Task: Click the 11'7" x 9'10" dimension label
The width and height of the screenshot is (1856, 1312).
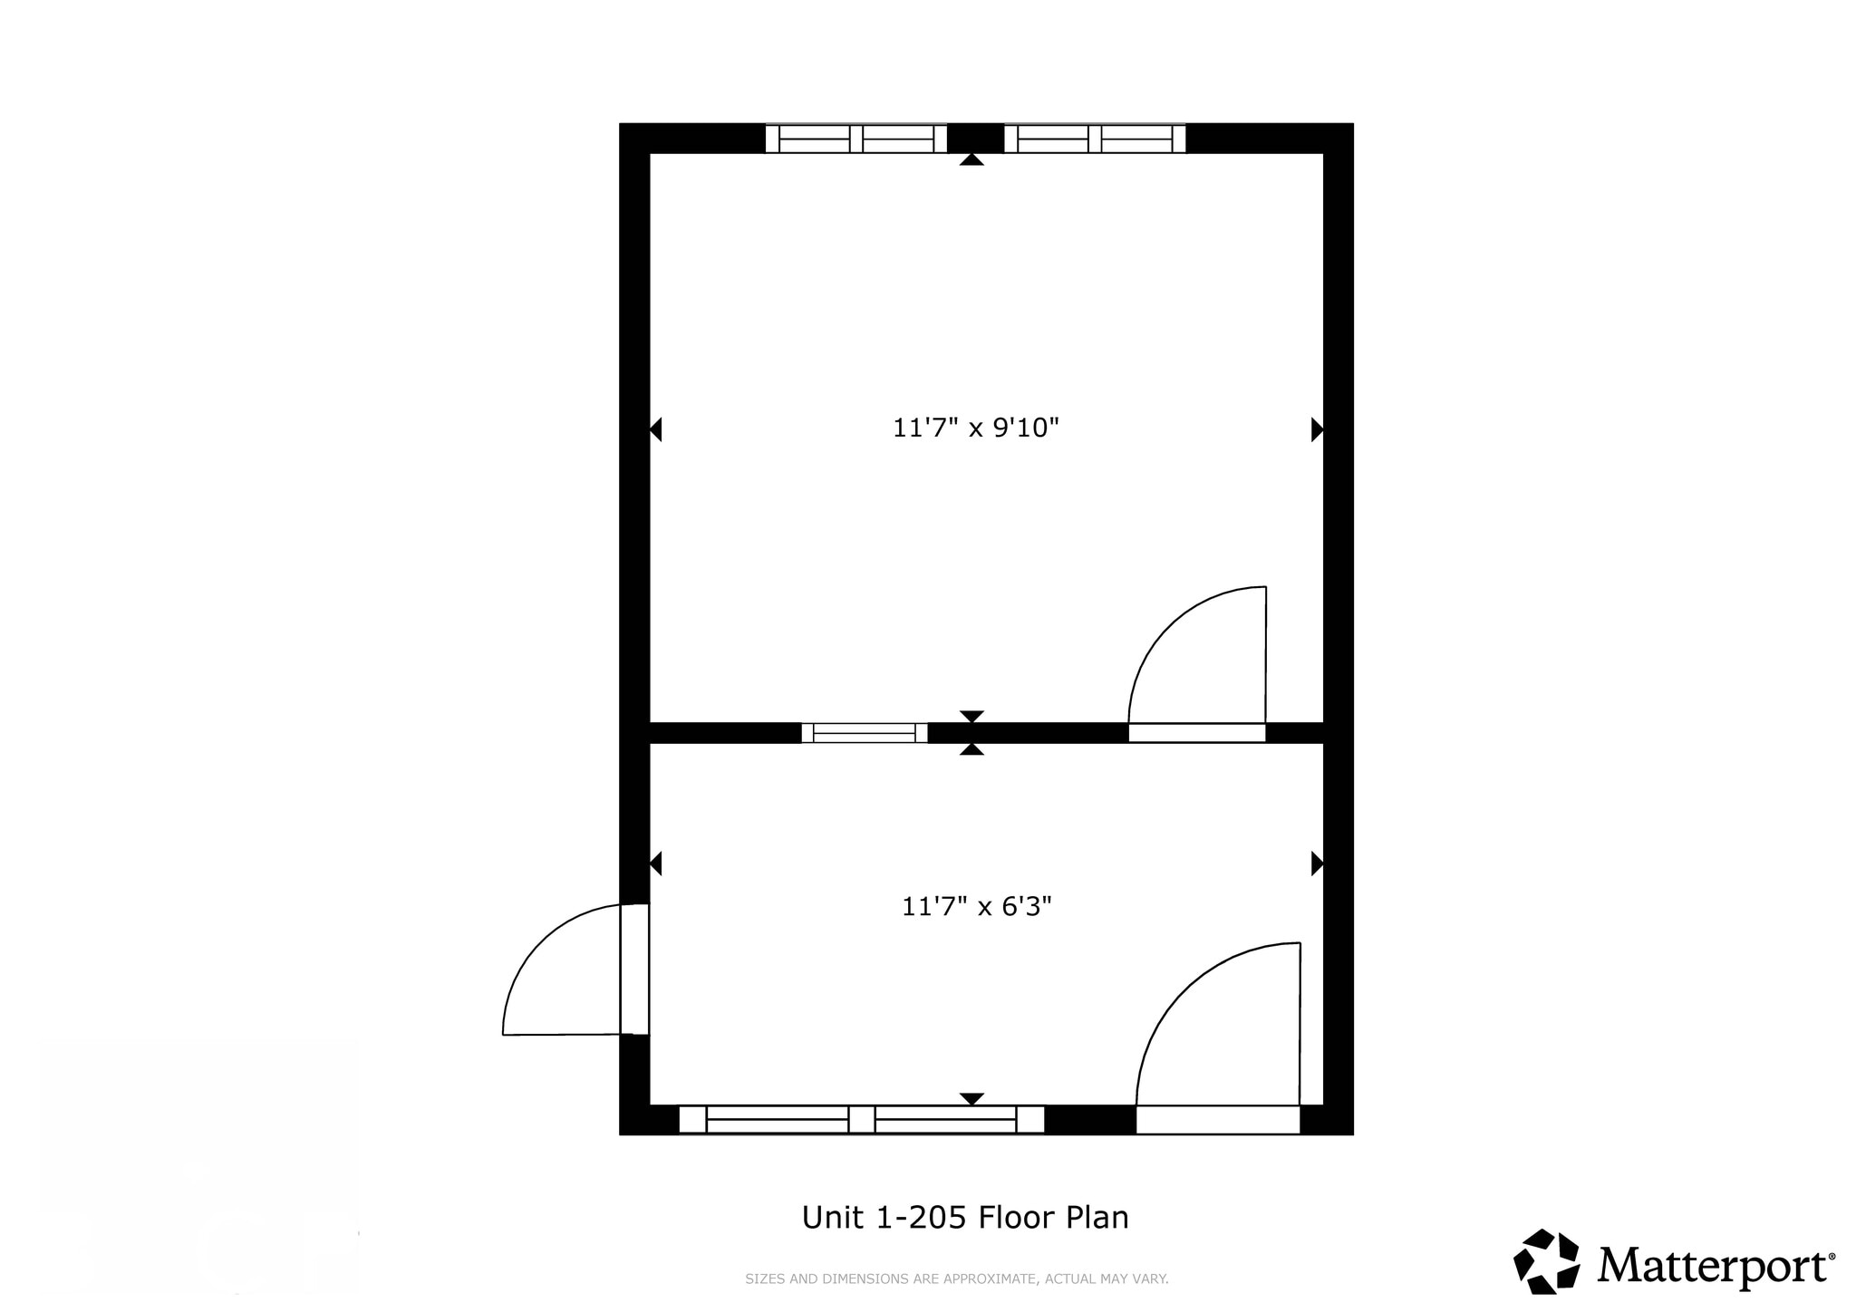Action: point(975,427)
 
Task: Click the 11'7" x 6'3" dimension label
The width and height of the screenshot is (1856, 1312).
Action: point(975,906)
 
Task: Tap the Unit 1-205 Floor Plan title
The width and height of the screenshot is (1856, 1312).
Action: point(965,1217)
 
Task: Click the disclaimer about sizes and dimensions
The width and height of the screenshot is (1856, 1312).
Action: point(956,1279)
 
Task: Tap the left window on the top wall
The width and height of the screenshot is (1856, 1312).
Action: point(855,139)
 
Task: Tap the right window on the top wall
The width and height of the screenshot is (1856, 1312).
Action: point(1095,139)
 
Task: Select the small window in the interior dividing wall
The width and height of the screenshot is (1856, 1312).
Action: point(865,733)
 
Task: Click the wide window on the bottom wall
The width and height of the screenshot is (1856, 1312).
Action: point(861,1119)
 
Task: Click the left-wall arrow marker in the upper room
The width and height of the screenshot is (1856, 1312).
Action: point(656,429)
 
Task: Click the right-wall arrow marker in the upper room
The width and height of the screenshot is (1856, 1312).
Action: point(1317,429)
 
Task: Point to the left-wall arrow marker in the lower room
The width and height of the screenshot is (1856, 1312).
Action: point(656,863)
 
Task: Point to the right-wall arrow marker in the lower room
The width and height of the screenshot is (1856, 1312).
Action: point(1317,863)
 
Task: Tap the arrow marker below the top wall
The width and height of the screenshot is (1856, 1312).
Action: point(971,159)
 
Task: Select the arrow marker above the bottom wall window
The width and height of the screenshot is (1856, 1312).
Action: point(971,1098)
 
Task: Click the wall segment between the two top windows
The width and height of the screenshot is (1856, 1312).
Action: point(975,139)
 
